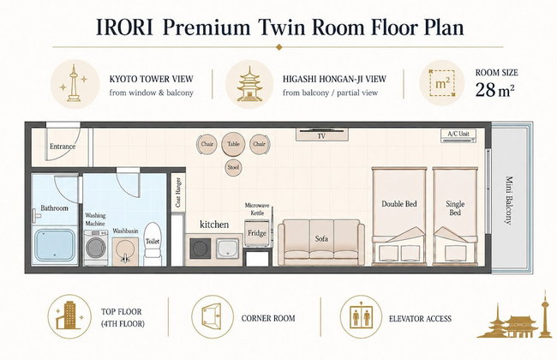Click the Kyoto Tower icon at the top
(x=74, y=83)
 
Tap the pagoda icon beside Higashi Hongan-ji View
(x=249, y=84)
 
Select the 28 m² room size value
(x=494, y=89)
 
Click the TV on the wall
(x=321, y=135)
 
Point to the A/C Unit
(x=458, y=135)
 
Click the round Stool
(x=233, y=167)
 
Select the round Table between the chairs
(x=233, y=144)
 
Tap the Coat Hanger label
(x=178, y=192)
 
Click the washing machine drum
(x=96, y=248)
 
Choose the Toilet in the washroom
(x=153, y=243)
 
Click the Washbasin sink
(x=125, y=251)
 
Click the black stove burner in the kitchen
(x=200, y=249)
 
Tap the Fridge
(x=257, y=233)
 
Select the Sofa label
(x=321, y=238)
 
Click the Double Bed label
(x=399, y=204)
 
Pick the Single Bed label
(x=455, y=208)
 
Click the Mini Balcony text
(x=509, y=200)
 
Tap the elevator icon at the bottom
(x=361, y=316)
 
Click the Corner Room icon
(x=212, y=316)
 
